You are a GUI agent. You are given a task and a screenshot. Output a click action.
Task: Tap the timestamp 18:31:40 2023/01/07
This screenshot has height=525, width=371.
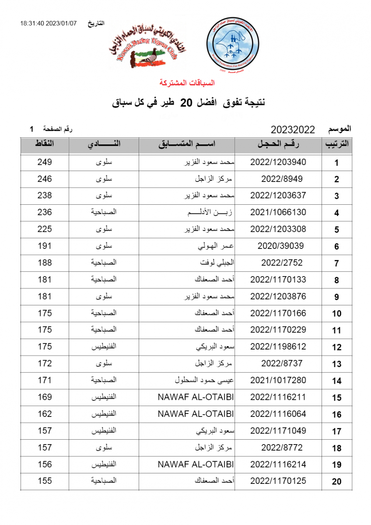tap(48, 23)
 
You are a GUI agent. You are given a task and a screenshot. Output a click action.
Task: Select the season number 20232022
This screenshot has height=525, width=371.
tap(293, 129)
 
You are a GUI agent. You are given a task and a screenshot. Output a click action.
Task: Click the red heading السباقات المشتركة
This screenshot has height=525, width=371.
tap(187, 83)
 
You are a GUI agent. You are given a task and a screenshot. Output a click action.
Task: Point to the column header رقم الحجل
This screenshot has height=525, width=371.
tap(278, 145)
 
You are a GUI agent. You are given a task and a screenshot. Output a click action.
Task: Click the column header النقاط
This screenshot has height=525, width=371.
tap(45, 144)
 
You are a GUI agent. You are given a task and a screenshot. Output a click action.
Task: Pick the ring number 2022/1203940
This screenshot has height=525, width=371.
tap(278, 162)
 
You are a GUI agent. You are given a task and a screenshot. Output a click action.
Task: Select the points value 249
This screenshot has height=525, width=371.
tap(45, 162)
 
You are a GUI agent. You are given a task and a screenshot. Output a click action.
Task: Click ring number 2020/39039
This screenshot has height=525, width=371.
tap(278, 246)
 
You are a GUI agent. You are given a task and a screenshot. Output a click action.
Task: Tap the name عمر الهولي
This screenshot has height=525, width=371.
tap(216, 246)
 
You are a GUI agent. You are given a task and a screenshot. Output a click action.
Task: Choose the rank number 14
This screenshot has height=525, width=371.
tap(336, 381)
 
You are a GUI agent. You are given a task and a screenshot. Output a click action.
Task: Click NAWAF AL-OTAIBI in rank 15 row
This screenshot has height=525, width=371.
tap(196, 397)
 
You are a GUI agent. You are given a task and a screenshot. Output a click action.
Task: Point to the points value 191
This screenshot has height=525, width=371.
tap(45, 246)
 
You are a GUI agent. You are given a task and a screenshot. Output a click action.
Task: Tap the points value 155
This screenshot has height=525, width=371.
tap(45, 481)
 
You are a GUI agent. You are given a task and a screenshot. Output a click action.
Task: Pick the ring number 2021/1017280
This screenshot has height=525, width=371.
tap(278, 380)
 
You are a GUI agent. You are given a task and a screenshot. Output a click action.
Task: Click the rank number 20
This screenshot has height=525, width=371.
tap(336, 482)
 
